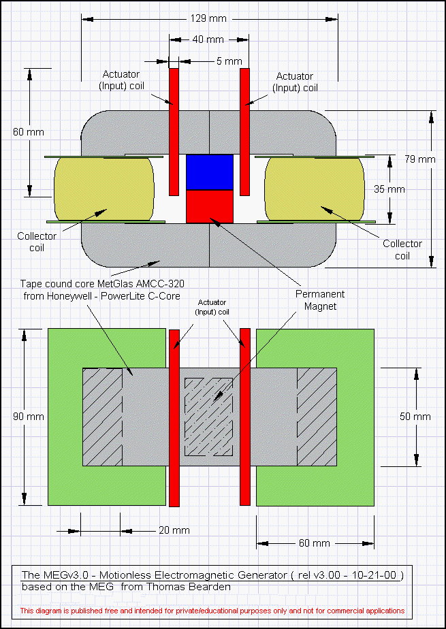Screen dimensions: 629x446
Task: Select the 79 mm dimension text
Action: [x=422, y=159]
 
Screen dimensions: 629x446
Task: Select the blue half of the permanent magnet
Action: [x=209, y=172]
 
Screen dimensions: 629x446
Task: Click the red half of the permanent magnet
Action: [x=209, y=206]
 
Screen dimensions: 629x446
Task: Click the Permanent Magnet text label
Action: [x=320, y=300]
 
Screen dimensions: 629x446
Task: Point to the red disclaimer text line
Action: [x=212, y=611]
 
